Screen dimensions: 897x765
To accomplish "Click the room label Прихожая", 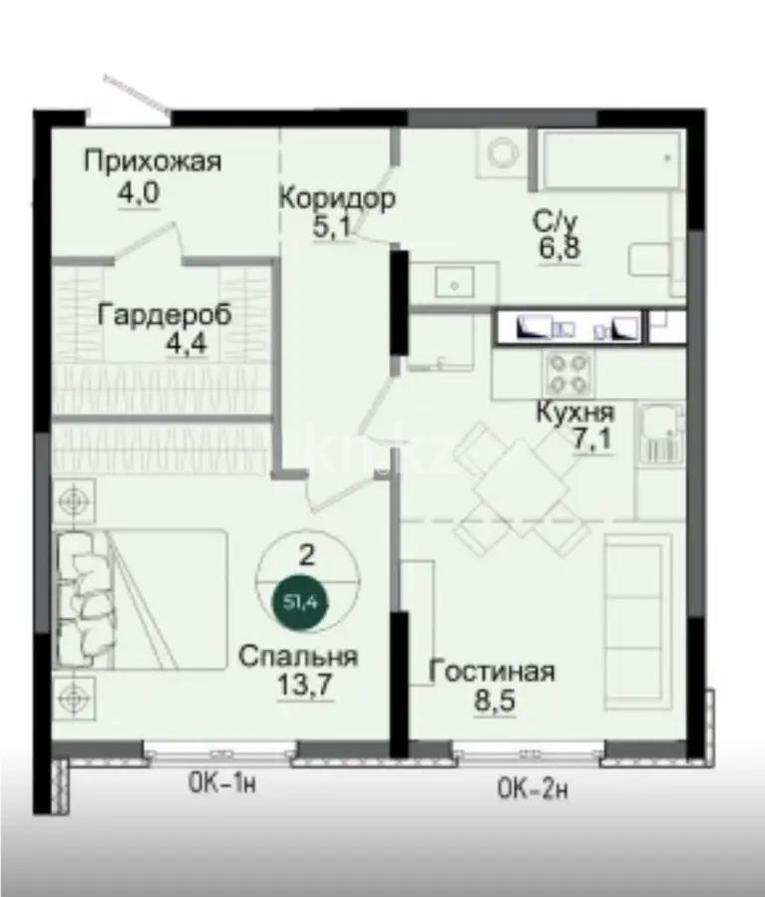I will (x=152, y=161).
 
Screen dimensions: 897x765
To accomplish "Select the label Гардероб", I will (x=165, y=315).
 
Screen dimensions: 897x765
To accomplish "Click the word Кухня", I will (x=574, y=412).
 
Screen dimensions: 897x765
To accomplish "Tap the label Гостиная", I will (x=491, y=671).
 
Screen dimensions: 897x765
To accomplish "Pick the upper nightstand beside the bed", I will (x=73, y=499).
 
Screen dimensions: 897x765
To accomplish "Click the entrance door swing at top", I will (x=135, y=92).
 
